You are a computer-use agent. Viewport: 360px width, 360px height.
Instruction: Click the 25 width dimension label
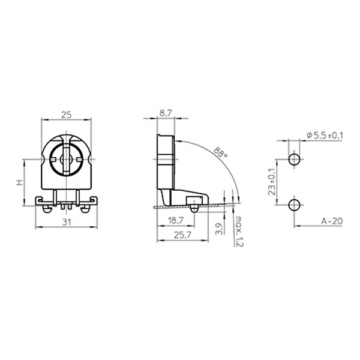[67, 115]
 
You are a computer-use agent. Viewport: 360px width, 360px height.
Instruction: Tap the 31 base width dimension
[67, 222]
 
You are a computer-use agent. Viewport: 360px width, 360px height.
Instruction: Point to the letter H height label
[20, 182]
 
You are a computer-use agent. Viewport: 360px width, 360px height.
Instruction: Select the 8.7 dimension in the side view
[166, 113]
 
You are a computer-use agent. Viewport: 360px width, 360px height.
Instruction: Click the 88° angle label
[220, 152]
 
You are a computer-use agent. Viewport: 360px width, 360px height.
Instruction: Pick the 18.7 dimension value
[176, 221]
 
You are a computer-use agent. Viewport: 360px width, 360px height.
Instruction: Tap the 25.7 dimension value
[182, 235]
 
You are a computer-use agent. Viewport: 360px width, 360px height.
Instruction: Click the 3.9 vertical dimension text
[219, 229]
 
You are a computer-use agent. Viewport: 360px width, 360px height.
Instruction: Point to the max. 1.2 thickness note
[239, 231]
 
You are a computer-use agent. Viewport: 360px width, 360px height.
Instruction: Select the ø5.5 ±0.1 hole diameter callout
[325, 136]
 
